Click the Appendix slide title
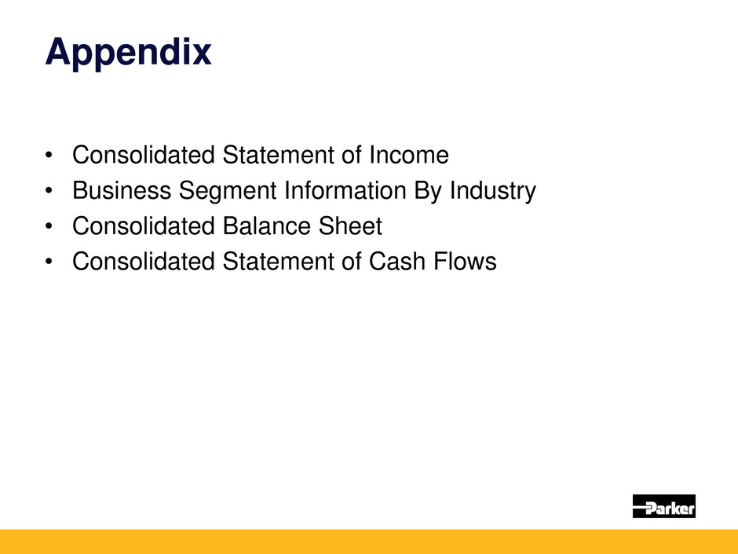tap(128, 53)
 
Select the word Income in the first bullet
tap(408, 155)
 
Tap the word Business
tap(122, 190)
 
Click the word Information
tap(345, 190)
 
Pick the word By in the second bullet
tap(428, 192)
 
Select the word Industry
tap(493, 192)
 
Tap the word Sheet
tap(350, 226)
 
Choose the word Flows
tap(465, 261)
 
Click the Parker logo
tap(663, 506)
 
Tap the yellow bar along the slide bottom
tap(369, 541)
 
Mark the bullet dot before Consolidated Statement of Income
tap(49, 155)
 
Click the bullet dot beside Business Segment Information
tap(49, 191)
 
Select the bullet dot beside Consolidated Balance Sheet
tap(49, 226)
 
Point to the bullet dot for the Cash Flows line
tap(49, 262)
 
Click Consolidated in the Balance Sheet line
tap(144, 226)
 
